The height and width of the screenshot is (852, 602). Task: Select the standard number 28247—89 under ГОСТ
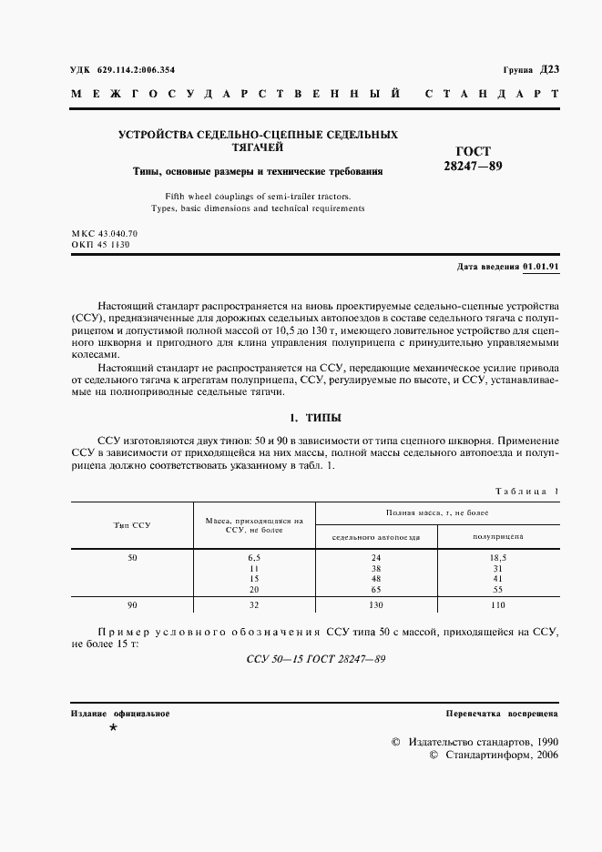[473, 167]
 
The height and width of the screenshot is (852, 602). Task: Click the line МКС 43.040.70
[104, 234]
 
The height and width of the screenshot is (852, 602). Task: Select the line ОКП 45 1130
[94, 245]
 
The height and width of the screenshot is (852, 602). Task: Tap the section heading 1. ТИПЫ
[314, 418]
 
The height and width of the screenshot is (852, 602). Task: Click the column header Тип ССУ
[132, 525]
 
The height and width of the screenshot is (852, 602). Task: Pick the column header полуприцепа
[498, 537]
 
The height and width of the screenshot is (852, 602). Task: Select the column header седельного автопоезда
[375, 537]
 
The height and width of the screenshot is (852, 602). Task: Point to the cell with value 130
[375, 604]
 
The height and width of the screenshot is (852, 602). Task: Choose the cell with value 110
[498, 604]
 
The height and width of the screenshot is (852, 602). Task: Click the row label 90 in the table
[132, 604]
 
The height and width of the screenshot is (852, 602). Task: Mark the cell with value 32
[254, 604]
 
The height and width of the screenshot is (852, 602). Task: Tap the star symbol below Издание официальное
[113, 729]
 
